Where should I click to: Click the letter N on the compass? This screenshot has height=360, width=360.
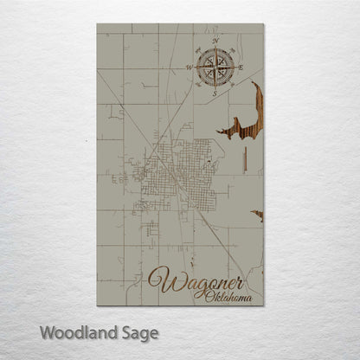[x=215, y=41]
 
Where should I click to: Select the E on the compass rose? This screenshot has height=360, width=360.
[x=241, y=67]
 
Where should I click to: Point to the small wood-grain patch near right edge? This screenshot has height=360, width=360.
[x=257, y=213]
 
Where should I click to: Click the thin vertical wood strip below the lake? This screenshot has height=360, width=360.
[x=246, y=161]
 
